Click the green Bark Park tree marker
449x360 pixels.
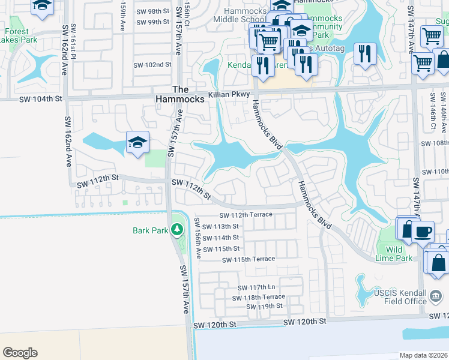click(x=176, y=230)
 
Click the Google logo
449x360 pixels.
click(x=20, y=353)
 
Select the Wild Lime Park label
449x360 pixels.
click(x=399, y=254)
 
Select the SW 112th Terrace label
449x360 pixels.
click(x=246, y=215)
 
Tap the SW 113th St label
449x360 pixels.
click(x=220, y=227)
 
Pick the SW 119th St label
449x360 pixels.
click(x=264, y=306)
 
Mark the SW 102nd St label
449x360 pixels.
click(x=148, y=65)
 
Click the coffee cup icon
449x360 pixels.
click(x=423, y=231)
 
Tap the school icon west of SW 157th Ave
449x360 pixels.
click(x=137, y=143)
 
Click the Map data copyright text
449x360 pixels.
click(x=423, y=355)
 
